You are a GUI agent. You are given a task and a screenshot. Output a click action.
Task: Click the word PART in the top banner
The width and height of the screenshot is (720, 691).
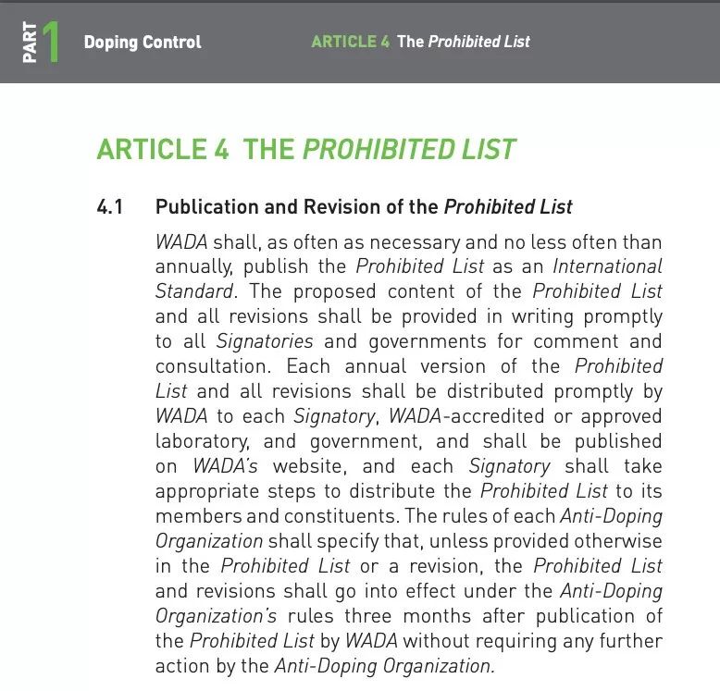(x=30, y=43)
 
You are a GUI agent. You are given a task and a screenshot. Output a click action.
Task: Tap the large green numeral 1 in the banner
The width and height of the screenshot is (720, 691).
(x=50, y=42)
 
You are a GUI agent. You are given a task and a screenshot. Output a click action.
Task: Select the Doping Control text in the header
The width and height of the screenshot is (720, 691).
(x=142, y=42)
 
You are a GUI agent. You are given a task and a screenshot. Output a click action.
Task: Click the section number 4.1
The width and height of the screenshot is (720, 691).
(x=109, y=206)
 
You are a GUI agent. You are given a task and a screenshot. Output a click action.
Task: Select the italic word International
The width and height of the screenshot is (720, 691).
(x=607, y=266)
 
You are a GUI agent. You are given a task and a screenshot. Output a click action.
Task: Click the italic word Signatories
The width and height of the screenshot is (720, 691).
(x=265, y=341)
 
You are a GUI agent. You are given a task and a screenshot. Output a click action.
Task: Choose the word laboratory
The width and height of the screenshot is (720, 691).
(x=200, y=441)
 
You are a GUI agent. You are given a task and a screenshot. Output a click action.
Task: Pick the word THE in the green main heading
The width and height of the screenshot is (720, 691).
(x=268, y=150)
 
